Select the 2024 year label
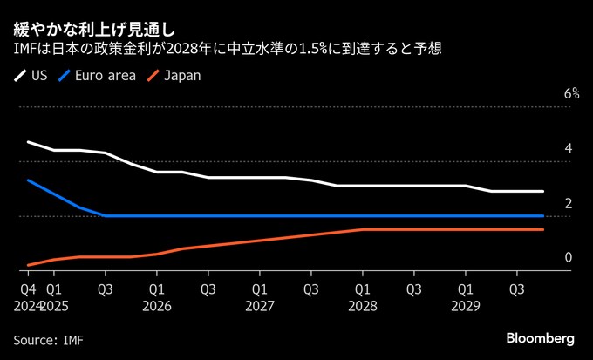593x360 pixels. pyautogui.click(x=28, y=305)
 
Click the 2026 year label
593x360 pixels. pyautogui.click(x=157, y=305)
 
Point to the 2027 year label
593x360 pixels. pyautogui.click(x=260, y=305)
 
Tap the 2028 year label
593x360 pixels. pyautogui.click(x=363, y=305)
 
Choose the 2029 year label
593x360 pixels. pyautogui.click(x=466, y=305)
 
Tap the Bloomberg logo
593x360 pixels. pyautogui.click(x=540, y=338)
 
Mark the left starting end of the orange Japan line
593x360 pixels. pyautogui.click(x=28, y=265)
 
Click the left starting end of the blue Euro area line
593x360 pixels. pyautogui.click(x=28, y=180)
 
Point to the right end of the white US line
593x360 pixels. pyautogui.click(x=543, y=191)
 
